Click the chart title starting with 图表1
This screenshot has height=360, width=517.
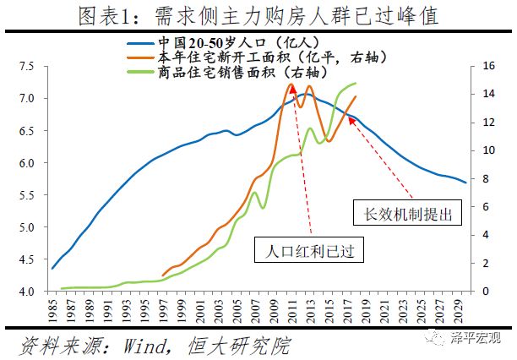pos(258,16)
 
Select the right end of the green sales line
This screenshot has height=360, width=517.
pos(356,83)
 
